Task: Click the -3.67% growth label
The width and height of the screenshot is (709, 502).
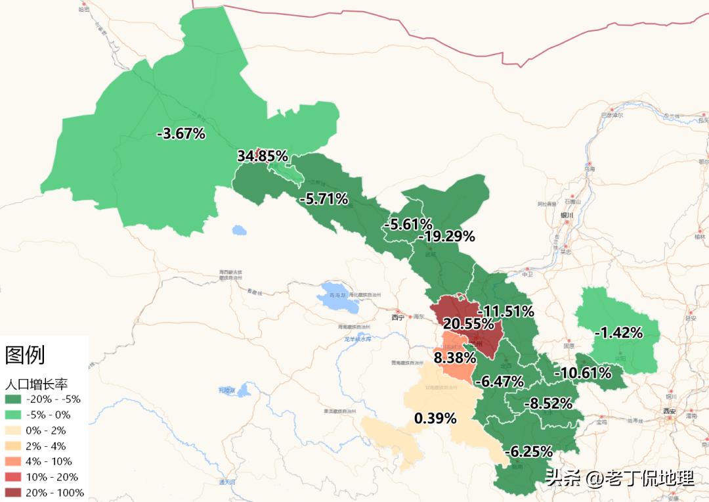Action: pyautogui.click(x=182, y=134)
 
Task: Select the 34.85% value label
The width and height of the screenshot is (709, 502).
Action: pyautogui.click(x=263, y=156)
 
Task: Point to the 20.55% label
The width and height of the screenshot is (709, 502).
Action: pyautogui.click(x=468, y=324)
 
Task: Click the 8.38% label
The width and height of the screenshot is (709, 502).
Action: pyautogui.click(x=454, y=358)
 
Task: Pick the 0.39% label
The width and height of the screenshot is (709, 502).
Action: pyautogui.click(x=435, y=419)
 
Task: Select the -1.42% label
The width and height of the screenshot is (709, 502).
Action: pyautogui.click(x=618, y=333)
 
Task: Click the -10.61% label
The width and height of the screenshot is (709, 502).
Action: pyautogui.click(x=583, y=374)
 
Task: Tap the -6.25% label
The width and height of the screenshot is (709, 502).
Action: pyautogui.click(x=528, y=451)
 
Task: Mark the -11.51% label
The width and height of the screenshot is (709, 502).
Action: pyautogui.click(x=506, y=311)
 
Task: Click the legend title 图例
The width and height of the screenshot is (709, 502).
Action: pyautogui.click(x=25, y=355)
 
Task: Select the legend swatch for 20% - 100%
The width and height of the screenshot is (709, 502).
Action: pyautogui.click(x=13, y=493)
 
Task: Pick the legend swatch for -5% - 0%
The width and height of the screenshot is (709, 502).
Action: pyautogui.click(x=13, y=415)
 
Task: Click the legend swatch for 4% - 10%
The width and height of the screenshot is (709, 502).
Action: pyautogui.click(x=13, y=461)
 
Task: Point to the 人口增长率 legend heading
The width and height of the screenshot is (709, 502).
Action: pyautogui.click(x=36, y=384)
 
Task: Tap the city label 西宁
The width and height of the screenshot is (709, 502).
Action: pyautogui.click(x=398, y=317)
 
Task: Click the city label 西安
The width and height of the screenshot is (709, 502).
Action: pyautogui.click(x=669, y=411)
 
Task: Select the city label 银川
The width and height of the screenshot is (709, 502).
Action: pyautogui.click(x=567, y=215)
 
